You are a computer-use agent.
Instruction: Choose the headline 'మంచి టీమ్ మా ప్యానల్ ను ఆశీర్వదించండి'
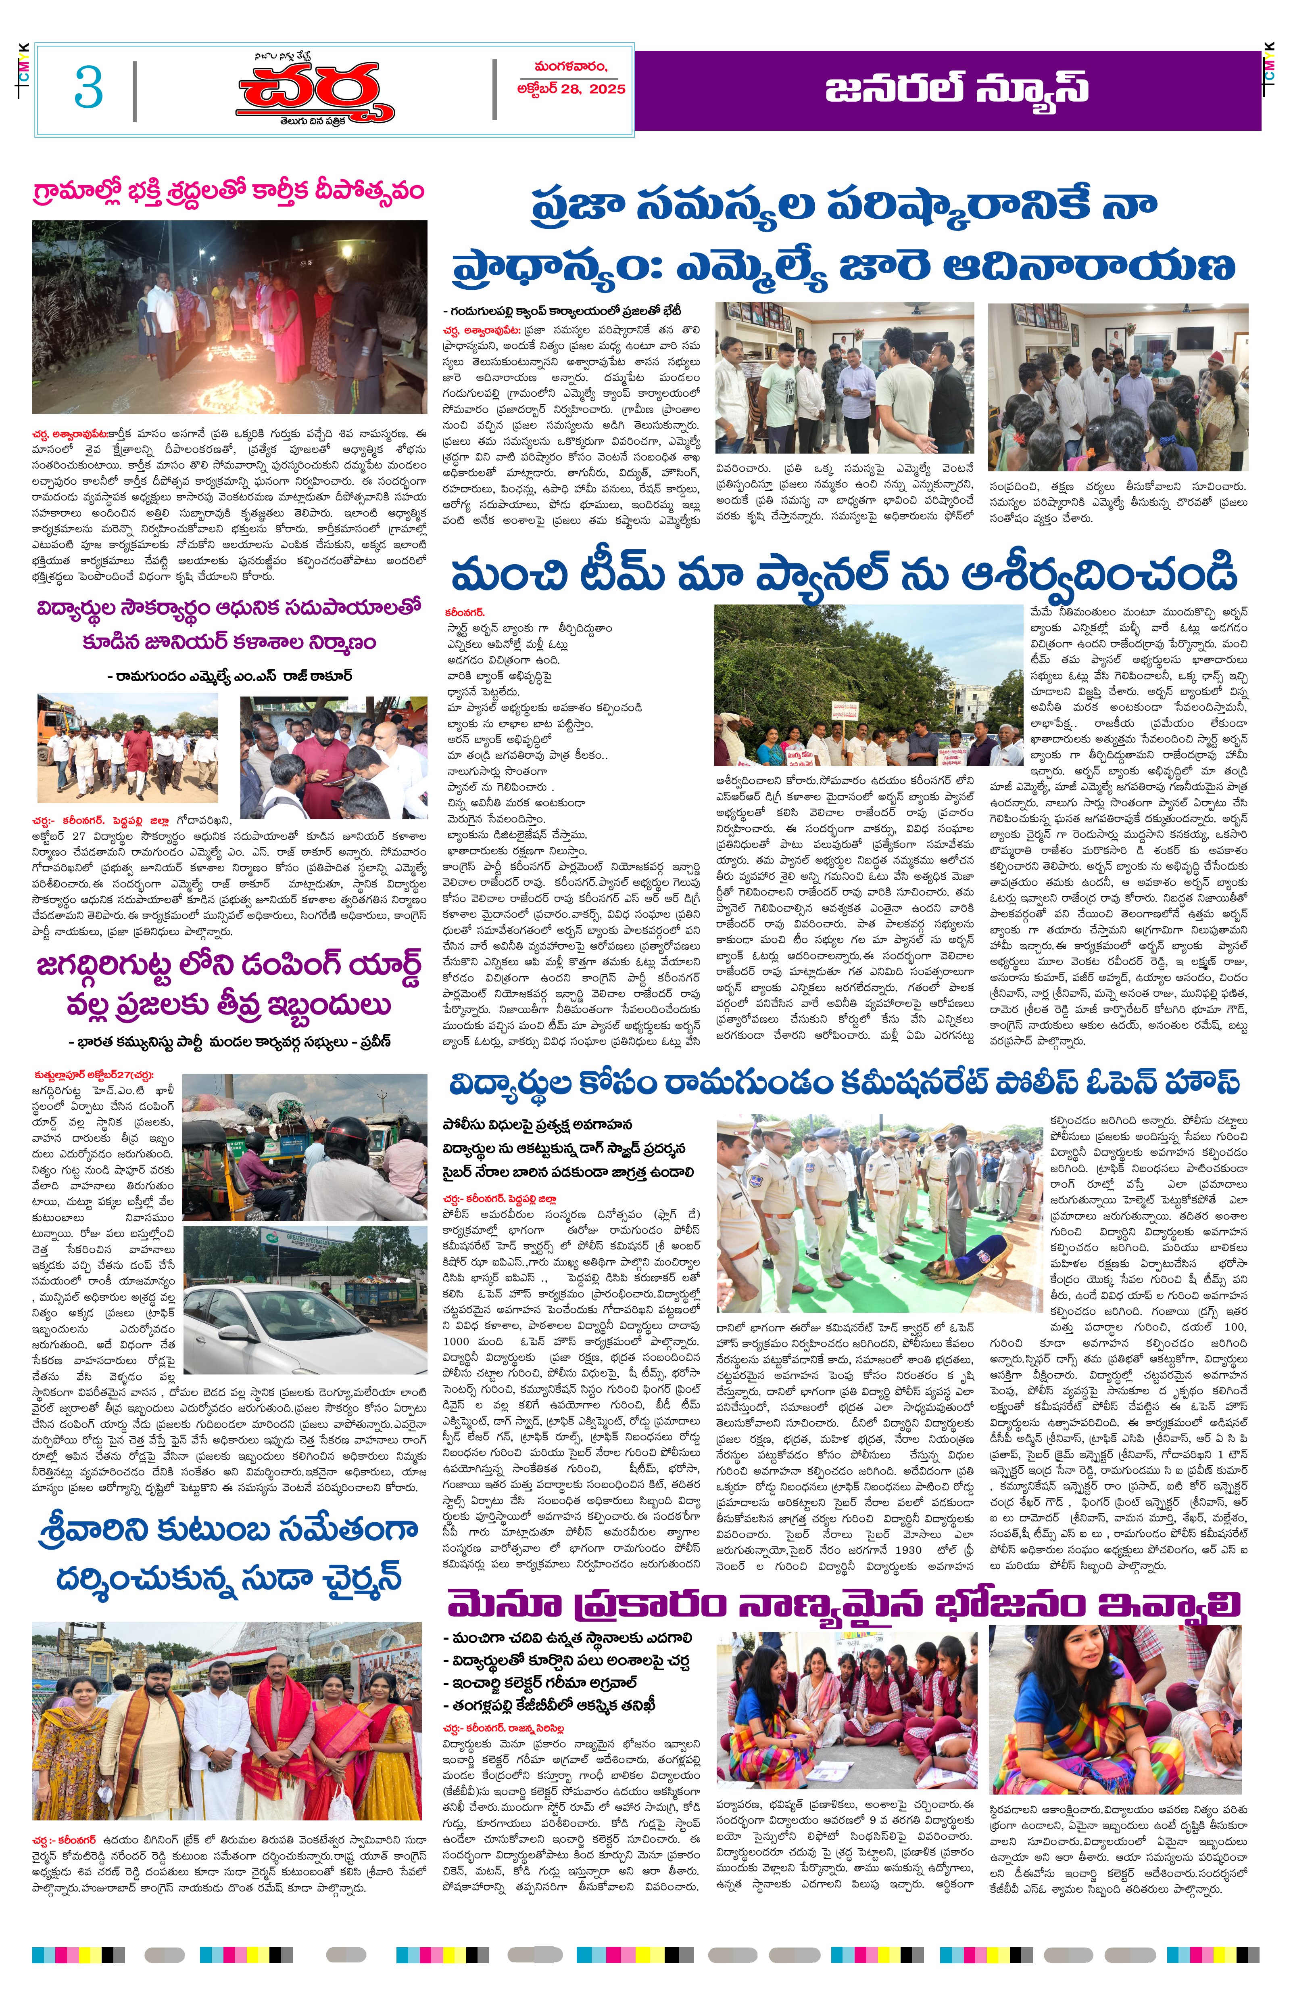pos(843,575)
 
